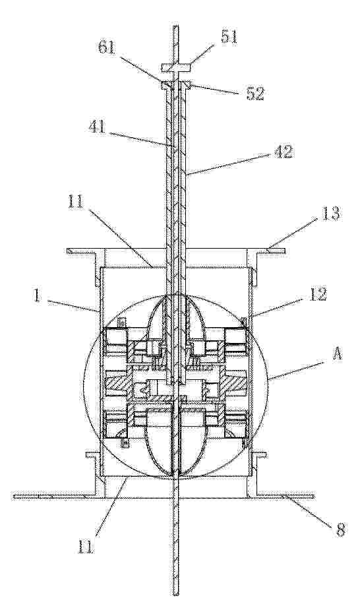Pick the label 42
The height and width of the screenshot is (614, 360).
[282, 152]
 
